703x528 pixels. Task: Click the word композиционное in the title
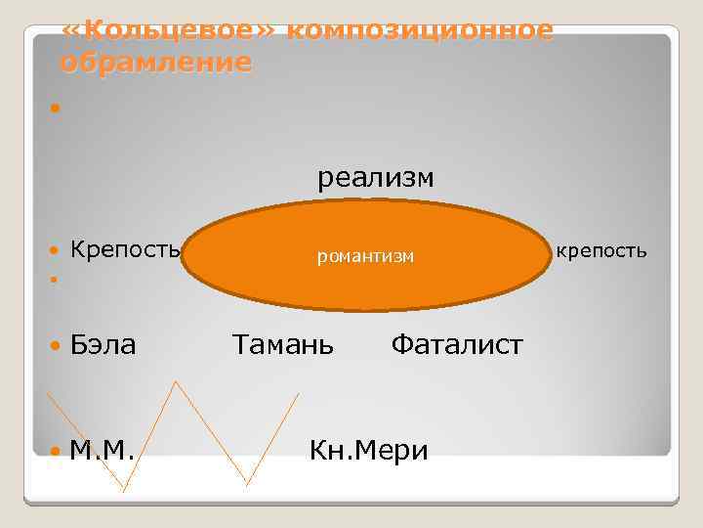coord(421,31)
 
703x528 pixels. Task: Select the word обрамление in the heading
coord(155,64)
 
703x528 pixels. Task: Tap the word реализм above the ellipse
coord(375,179)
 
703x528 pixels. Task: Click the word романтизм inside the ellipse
coord(366,256)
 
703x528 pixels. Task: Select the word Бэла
coord(103,344)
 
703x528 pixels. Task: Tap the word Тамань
coord(282,344)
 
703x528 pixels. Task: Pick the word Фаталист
coord(457,344)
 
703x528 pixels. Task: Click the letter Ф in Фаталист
coord(400,344)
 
